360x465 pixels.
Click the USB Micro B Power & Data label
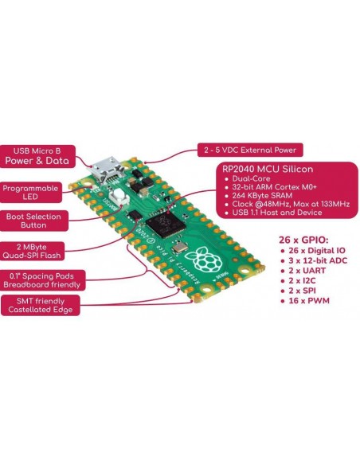point(37,156)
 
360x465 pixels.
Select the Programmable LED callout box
point(30,193)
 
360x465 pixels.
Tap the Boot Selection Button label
point(33,221)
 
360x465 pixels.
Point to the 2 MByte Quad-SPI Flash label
point(31,251)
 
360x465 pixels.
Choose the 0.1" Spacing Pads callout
point(42,280)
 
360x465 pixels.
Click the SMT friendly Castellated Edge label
point(41,306)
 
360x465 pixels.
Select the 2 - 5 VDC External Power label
point(250,150)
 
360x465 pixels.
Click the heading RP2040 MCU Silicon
point(268,169)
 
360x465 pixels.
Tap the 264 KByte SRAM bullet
point(262,195)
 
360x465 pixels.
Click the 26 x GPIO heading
point(303,240)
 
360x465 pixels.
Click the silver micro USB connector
point(106,171)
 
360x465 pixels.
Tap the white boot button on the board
point(118,197)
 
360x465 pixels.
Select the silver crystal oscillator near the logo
point(180,247)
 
